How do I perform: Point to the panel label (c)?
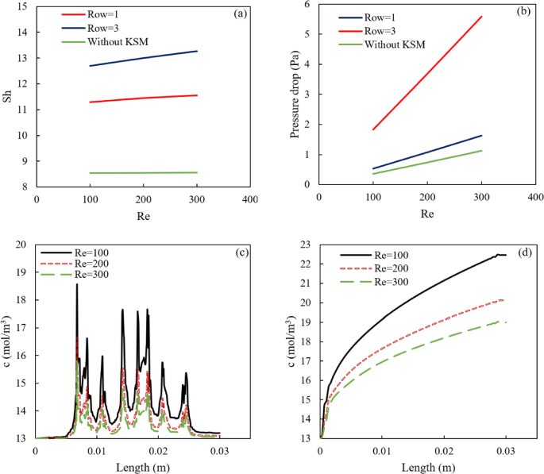click(238, 253)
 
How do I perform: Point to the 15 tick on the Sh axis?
click(25, 6)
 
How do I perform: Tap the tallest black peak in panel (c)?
click(77, 284)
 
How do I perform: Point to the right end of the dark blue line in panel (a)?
click(197, 51)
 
